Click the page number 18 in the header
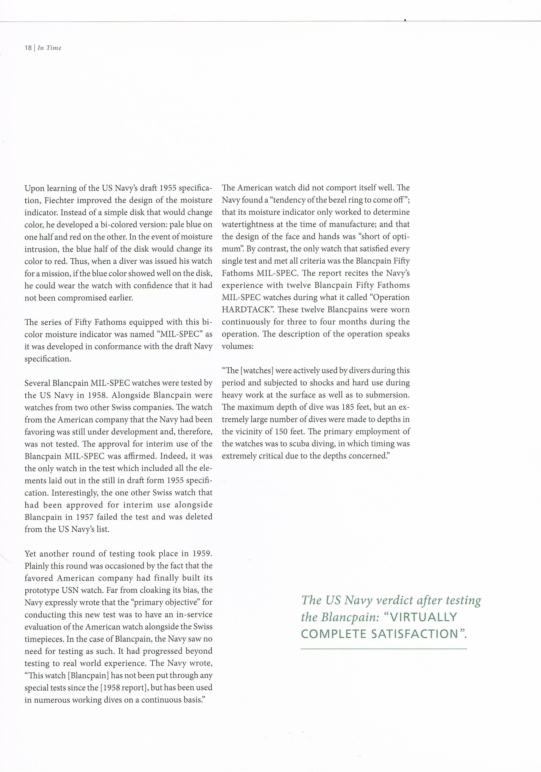[28, 48]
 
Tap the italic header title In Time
[49, 48]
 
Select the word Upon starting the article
[34, 188]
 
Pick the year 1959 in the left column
[202, 553]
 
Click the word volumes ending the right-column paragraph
[237, 346]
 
